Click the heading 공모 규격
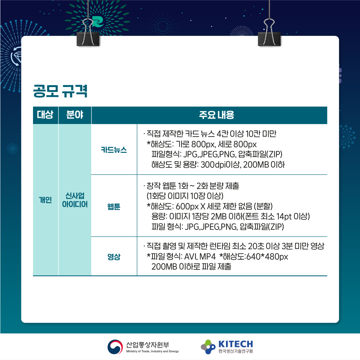(60, 91)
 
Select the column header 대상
(45, 115)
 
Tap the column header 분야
(75, 115)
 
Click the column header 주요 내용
(217, 115)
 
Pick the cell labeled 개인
(45, 200)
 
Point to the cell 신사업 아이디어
(75, 200)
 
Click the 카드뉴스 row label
(114, 150)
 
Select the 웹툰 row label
(114, 207)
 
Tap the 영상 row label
(114, 257)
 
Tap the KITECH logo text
(236, 344)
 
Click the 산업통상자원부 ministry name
(148, 344)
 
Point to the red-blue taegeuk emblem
(115, 347)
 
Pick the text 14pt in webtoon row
(284, 217)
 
